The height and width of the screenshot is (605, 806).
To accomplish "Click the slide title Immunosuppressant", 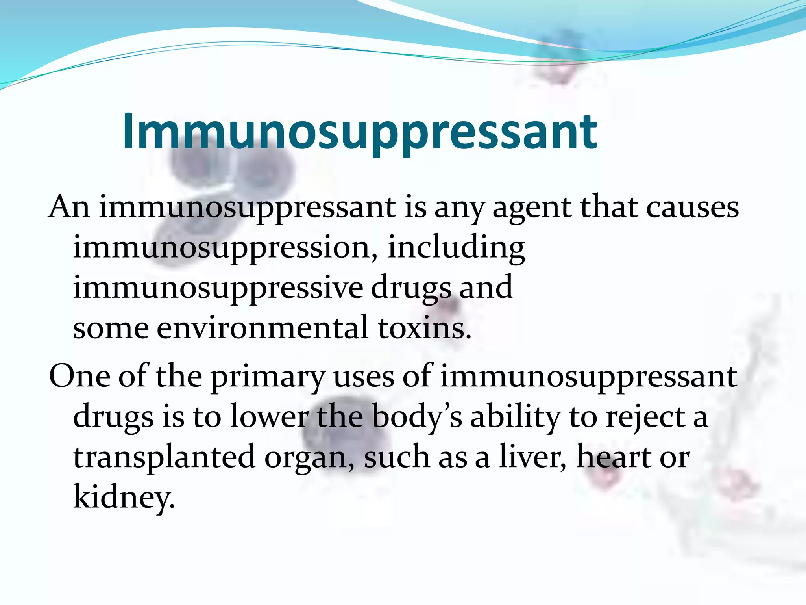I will click(360, 132).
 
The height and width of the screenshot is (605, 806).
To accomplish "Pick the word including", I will click(456, 248).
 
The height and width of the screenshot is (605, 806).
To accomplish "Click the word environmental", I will click(263, 328).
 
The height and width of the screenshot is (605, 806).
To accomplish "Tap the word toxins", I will click(424, 328).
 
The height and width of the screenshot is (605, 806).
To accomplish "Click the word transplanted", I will click(164, 458).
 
